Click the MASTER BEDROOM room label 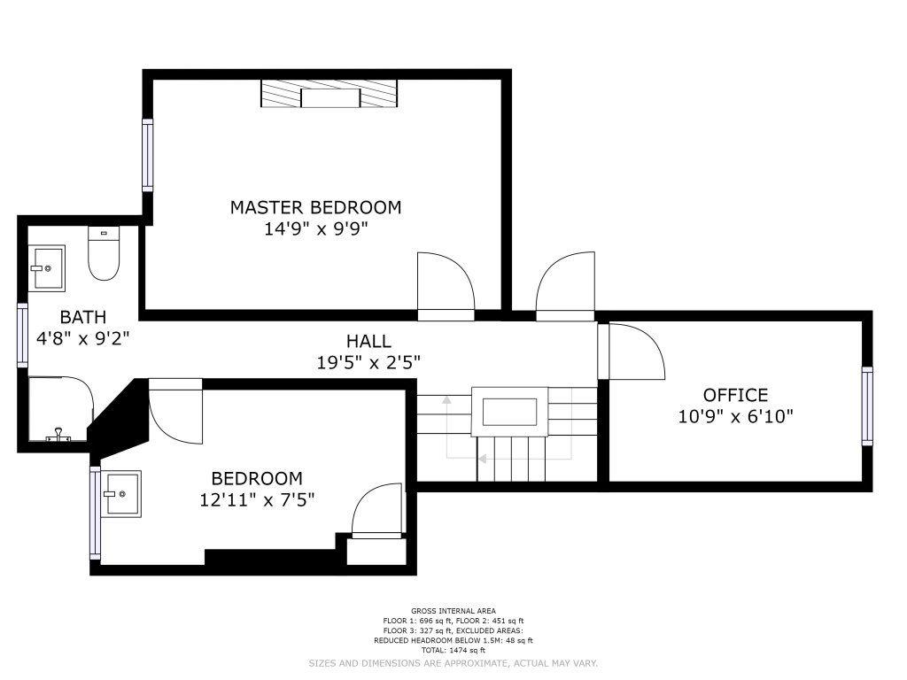315,207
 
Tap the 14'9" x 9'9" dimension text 316,229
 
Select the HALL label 368,341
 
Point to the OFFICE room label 735,395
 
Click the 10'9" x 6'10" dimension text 735,416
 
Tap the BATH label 82,317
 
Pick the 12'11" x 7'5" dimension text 257,499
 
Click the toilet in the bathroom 104,253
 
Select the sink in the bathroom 47,267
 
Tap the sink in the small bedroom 120,494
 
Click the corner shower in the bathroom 61,409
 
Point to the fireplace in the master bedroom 329,93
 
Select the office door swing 636,352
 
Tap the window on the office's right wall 866,406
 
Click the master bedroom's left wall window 148,155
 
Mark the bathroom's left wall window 22,336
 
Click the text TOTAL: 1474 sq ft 453,651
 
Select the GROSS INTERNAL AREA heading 453,611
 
